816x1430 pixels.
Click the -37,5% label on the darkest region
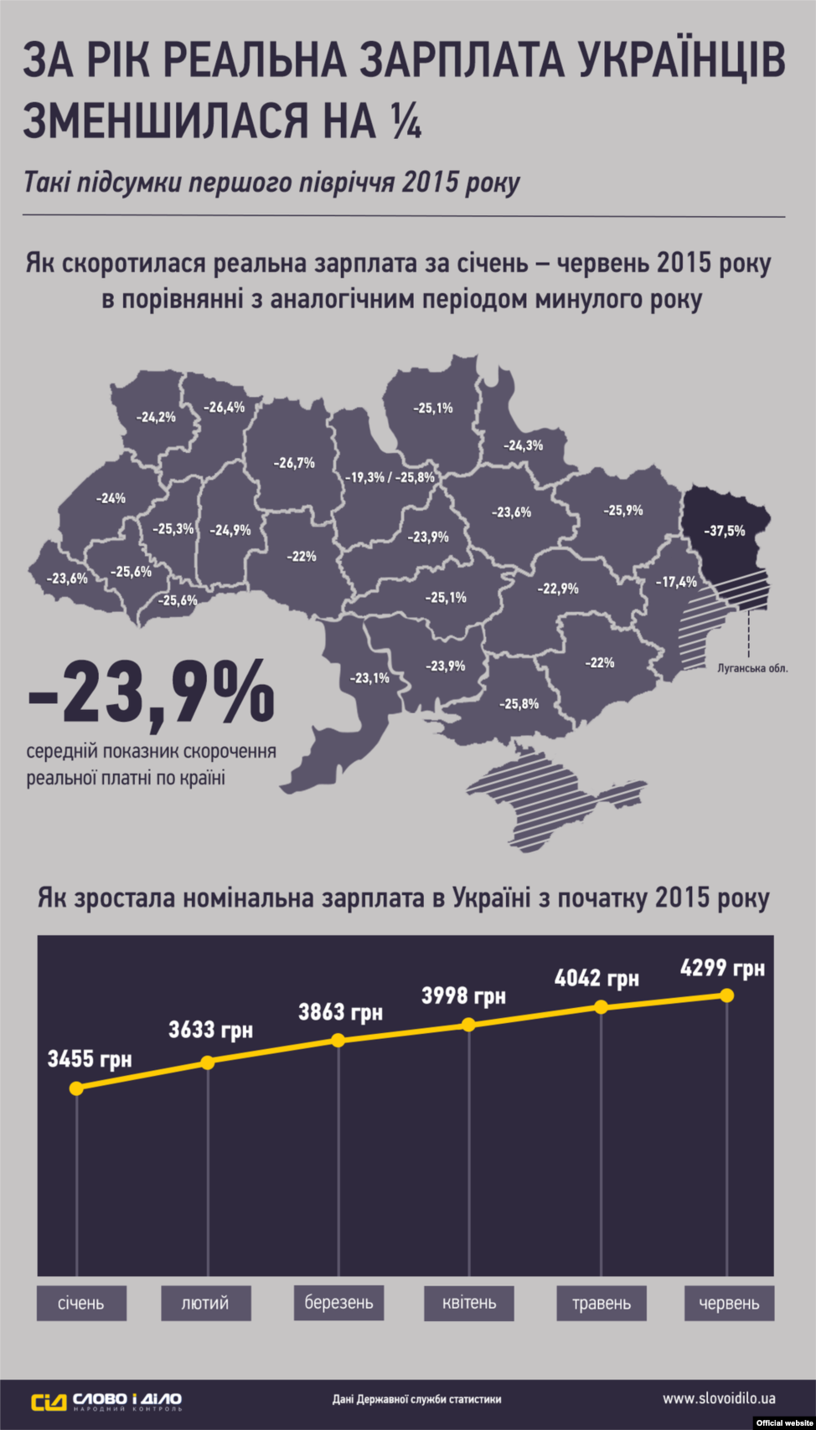[724, 531]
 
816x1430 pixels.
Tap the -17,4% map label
[676, 582]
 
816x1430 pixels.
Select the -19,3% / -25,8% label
[390, 477]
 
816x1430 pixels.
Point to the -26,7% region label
[294, 462]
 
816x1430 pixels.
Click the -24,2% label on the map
[156, 416]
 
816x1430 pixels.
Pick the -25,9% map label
[622, 510]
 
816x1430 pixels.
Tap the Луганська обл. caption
[752, 668]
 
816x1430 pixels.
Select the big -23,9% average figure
[152, 692]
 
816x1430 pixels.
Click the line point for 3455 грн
[76, 1088]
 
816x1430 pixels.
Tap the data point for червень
[726, 995]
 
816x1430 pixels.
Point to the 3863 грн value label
[340, 1012]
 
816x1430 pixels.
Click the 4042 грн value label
[597, 978]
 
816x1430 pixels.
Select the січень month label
[81, 1304]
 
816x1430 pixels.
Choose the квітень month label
[469, 1304]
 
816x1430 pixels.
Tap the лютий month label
[205, 1304]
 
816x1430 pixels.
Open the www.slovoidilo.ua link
[718, 1398]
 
